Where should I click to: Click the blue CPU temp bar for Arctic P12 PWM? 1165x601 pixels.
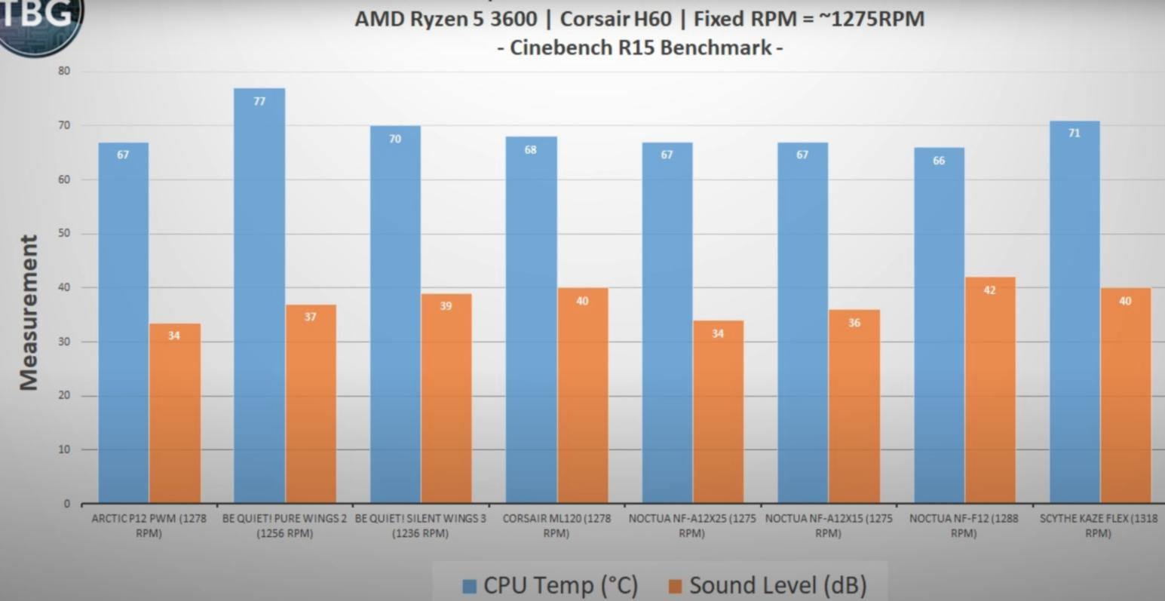[123, 324]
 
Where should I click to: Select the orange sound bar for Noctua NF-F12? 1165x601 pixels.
[989, 392]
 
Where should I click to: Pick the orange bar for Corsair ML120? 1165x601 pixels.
[582, 396]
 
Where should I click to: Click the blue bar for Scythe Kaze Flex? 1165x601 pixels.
[1074, 317]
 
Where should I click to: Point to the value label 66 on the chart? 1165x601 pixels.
[939, 161]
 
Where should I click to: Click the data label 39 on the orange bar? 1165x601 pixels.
[446, 306]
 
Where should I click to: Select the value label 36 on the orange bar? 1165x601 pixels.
[854, 323]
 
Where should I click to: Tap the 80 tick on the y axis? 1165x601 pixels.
[64, 71]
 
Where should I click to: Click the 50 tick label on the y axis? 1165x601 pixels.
[64, 233]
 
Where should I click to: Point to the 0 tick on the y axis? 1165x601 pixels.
[67, 503]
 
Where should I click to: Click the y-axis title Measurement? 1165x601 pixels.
[29, 312]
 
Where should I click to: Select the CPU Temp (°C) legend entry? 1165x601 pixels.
[550, 585]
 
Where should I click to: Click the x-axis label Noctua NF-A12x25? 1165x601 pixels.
[691, 526]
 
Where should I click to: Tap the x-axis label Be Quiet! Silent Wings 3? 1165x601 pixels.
[420, 526]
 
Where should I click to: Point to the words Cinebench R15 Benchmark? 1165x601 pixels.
[640, 48]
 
